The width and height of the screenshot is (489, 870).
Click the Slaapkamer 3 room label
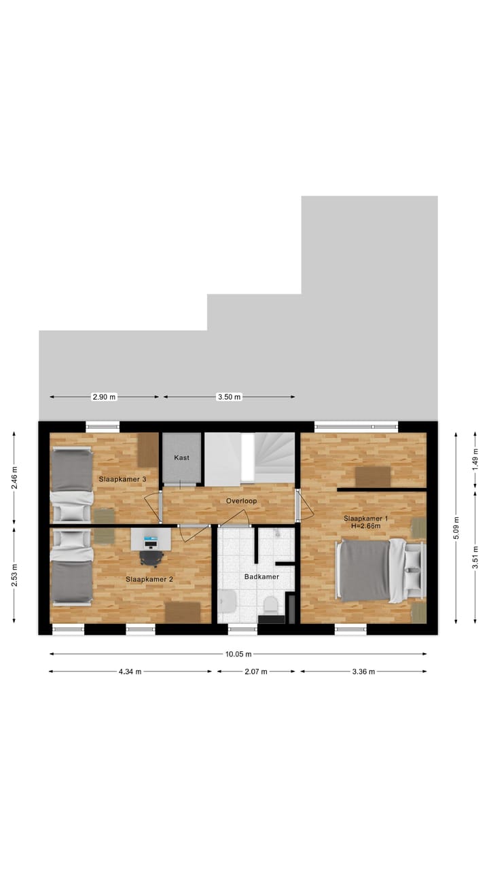click(x=122, y=479)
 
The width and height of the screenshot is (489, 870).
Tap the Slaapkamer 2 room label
click(x=149, y=579)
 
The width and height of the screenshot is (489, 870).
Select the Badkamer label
click(x=261, y=576)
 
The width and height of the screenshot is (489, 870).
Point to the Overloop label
click(x=242, y=501)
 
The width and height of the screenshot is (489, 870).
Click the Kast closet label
click(x=181, y=457)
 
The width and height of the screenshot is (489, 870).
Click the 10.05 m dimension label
click(x=238, y=655)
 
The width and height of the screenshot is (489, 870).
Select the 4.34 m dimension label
click(x=130, y=672)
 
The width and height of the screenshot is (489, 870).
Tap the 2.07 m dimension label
click(x=256, y=672)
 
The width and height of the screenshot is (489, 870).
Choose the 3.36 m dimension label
click(x=363, y=672)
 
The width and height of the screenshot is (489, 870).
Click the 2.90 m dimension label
click(x=104, y=397)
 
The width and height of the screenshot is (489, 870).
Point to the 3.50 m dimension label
click(x=229, y=397)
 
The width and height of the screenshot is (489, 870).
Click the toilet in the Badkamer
click(x=271, y=603)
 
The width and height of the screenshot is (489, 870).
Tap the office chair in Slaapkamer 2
click(x=151, y=557)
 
